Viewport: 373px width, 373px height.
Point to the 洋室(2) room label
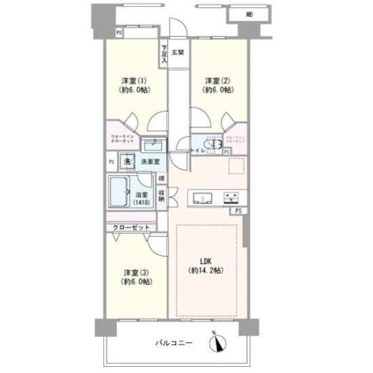(218, 84)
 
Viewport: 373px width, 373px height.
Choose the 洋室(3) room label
(134, 277)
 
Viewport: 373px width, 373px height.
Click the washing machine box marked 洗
(127, 162)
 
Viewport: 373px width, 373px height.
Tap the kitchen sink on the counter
(202, 198)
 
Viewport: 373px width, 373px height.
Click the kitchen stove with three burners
(231, 198)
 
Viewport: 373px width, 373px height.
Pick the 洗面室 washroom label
(150, 162)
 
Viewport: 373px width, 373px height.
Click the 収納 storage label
(161, 196)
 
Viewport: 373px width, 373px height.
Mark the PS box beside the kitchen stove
(238, 211)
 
